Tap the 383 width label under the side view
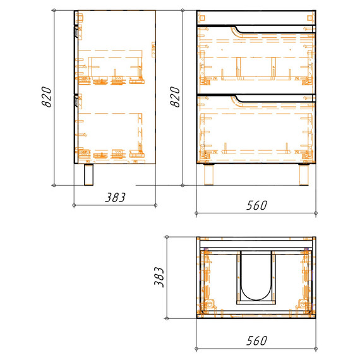(116, 197)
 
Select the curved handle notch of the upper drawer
(236, 29)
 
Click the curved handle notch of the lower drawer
(236, 97)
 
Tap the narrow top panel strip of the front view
(255, 17)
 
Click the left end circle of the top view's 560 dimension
(196, 348)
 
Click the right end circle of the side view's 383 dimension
(156, 206)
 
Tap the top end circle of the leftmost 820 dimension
(56, 11)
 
